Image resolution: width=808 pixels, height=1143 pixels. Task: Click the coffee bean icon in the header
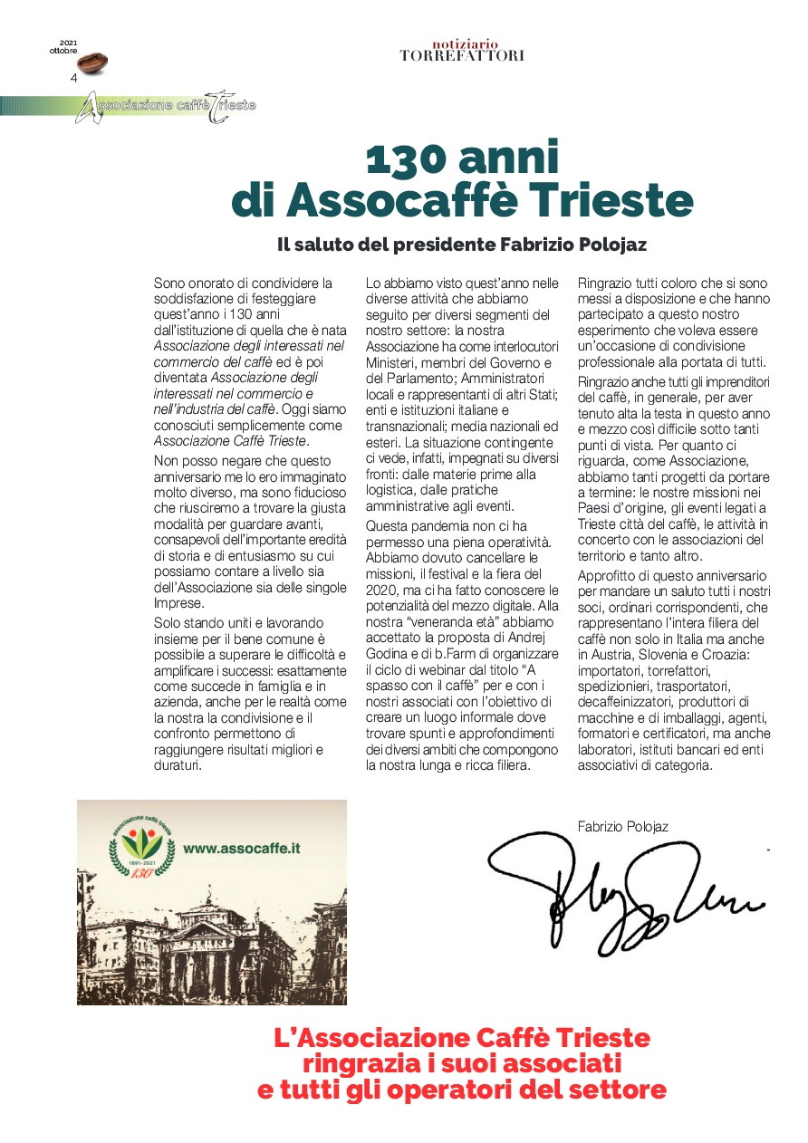click(92, 63)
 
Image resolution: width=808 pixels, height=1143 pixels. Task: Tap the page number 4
click(74, 78)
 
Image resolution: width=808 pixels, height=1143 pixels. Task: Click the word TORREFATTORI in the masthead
click(462, 55)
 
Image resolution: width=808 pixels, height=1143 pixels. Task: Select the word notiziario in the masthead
click(465, 43)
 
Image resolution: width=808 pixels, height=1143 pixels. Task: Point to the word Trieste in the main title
click(615, 201)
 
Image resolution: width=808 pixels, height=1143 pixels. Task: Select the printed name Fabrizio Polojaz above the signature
click(623, 826)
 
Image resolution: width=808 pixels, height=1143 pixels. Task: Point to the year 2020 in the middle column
click(381, 591)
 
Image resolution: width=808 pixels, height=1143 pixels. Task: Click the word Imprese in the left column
click(179, 603)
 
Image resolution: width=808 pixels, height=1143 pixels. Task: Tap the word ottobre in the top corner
click(63, 51)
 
